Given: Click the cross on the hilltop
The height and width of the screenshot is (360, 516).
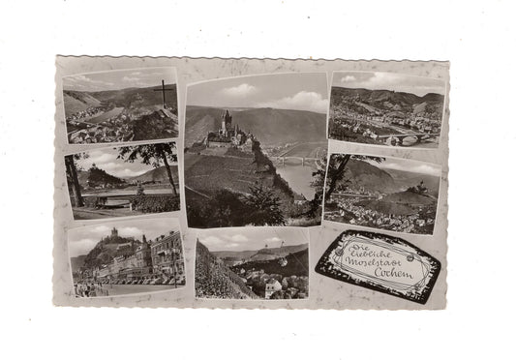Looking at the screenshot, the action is click(x=164, y=94).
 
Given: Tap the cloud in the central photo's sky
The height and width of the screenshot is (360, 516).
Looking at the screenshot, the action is click(x=290, y=97).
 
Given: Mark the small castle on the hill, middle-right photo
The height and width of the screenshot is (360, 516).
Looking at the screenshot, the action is click(x=418, y=190).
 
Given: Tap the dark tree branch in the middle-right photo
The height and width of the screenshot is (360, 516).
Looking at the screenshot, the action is click(x=339, y=169).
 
